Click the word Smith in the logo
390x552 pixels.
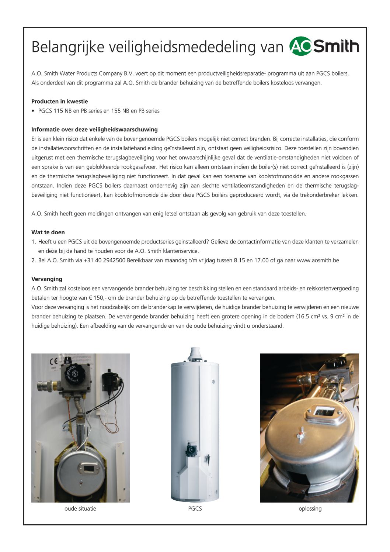[x=336, y=46]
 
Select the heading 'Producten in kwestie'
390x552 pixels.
[x=60, y=101]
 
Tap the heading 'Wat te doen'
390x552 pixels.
[x=48, y=232]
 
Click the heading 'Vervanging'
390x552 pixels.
[x=47, y=279]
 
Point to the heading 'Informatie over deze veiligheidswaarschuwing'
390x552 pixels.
[x=94, y=130]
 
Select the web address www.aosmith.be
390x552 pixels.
[x=318, y=261]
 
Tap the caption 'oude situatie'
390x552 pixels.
[x=80, y=509]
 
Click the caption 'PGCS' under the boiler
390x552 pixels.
[x=195, y=509]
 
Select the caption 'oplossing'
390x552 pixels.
[x=310, y=509]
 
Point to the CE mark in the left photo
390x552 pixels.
[x=53, y=362]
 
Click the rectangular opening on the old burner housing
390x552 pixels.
[x=89, y=469]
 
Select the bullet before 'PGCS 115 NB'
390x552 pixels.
[x=33, y=111]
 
